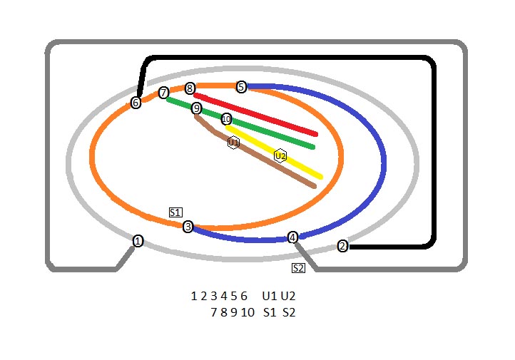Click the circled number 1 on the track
(x=138, y=241)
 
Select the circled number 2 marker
(x=342, y=246)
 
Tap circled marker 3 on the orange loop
(x=188, y=227)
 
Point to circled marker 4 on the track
(x=292, y=237)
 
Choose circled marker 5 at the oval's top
(x=241, y=87)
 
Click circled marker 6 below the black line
(x=136, y=103)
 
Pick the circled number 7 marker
(x=163, y=93)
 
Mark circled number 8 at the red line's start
(x=190, y=88)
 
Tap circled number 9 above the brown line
(x=196, y=108)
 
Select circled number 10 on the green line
(x=226, y=119)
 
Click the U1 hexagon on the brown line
(x=233, y=143)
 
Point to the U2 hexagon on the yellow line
(x=280, y=155)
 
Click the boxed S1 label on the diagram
(x=175, y=212)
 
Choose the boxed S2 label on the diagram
(x=298, y=268)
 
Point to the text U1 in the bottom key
(x=268, y=296)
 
